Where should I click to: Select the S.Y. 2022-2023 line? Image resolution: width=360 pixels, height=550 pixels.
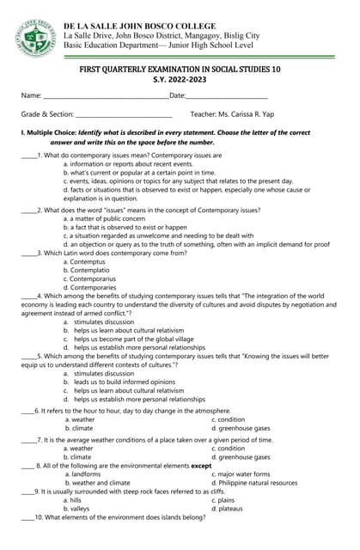(180, 79)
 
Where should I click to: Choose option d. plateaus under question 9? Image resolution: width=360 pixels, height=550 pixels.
(230, 508)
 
